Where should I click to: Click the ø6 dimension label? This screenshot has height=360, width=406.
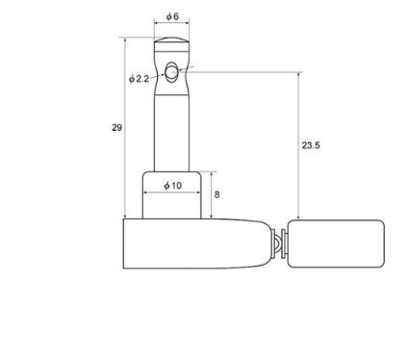point(172,16)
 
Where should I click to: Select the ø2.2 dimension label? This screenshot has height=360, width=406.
point(140,79)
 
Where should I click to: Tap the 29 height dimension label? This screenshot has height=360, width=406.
point(116,128)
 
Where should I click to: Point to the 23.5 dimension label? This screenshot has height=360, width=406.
point(311,145)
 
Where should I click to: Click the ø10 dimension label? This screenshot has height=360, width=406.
point(172,186)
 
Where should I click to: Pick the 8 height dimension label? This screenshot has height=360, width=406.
point(216,194)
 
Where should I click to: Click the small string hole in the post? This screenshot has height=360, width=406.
point(170,72)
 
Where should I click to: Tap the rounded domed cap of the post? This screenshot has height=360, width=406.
point(171,39)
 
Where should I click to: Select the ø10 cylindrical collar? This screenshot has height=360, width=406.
point(172,195)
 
